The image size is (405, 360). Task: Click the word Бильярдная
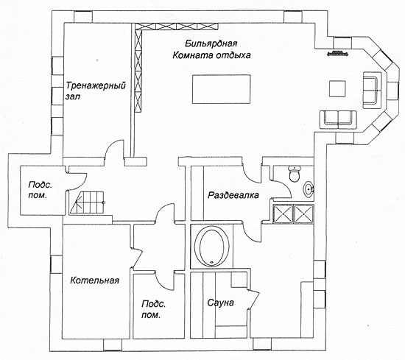[x=211, y=43]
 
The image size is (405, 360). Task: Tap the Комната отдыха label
[x=211, y=55]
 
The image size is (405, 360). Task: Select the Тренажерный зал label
[x=95, y=91]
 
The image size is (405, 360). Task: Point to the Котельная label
[x=95, y=280]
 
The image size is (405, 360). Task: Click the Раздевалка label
[x=233, y=195]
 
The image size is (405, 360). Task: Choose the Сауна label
[x=221, y=303]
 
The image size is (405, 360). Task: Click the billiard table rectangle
[x=222, y=89]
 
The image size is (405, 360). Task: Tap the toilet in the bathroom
[x=295, y=174]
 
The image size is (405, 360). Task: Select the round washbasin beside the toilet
[x=309, y=189]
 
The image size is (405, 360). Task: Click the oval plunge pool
[x=212, y=246]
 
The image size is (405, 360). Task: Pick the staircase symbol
[x=88, y=202]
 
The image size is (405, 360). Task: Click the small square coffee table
[x=337, y=89]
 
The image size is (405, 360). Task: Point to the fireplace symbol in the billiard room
[x=338, y=54]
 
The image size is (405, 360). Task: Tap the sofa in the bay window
[x=373, y=90]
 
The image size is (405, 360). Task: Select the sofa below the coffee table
[x=338, y=119]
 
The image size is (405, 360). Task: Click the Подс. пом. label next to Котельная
[x=153, y=309]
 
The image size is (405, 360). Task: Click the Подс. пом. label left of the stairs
[x=40, y=190]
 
